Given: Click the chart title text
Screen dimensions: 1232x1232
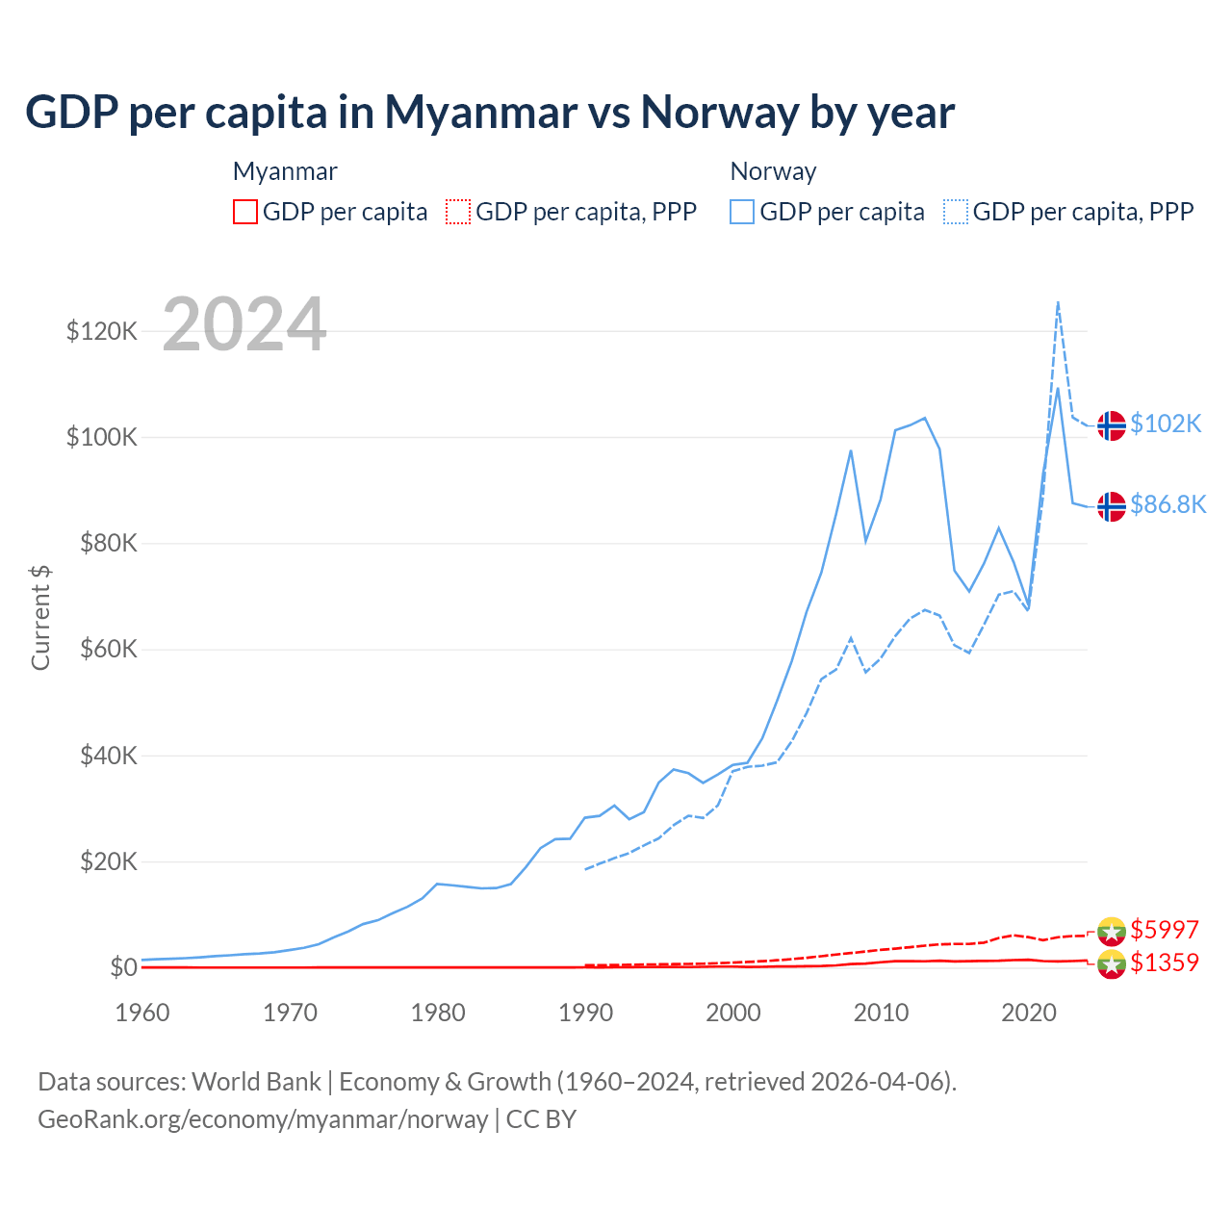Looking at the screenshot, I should pyautogui.click(x=489, y=113).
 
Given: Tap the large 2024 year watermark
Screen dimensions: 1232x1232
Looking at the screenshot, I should pyautogui.click(x=244, y=325).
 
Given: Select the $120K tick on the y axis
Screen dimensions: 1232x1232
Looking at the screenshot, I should pyautogui.click(x=102, y=332).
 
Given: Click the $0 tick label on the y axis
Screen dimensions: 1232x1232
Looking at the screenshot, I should pyautogui.click(x=123, y=967).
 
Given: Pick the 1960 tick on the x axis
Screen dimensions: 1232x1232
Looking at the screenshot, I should pyautogui.click(x=142, y=1013).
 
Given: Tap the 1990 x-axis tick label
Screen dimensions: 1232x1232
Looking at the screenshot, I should pyautogui.click(x=585, y=1013).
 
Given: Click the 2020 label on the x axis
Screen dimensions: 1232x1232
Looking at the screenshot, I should pyautogui.click(x=1029, y=1013).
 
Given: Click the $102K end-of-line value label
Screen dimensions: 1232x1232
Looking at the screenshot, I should pyautogui.click(x=1166, y=423).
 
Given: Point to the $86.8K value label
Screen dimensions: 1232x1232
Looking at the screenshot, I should pyautogui.click(x=1168, y=504).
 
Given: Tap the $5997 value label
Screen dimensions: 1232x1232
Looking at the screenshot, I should pyautogui.click(x=1165, y=930).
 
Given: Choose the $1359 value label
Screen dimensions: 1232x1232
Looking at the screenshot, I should pyautogui.click(x=1165, y=962).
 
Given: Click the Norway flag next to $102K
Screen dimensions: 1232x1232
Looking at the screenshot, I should pyautogui.click(x=1112, y=424).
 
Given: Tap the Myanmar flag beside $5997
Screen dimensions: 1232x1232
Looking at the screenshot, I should pyautogui.click(x=1112, y=931).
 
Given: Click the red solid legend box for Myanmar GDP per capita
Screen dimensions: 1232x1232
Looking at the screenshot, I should pyautogui.click(x=245, y=212).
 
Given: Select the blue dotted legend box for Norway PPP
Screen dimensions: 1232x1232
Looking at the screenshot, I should pyautogui.click(x=956, y=212).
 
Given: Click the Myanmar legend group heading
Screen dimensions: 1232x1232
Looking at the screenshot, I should pyautogui.click(x=285, y=171).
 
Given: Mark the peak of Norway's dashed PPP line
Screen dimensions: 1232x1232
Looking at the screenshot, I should pyautogui.click(x=1058, y=302).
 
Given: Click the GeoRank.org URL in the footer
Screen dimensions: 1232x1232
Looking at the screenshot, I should pyautogui.click(x=263, y=1119).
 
